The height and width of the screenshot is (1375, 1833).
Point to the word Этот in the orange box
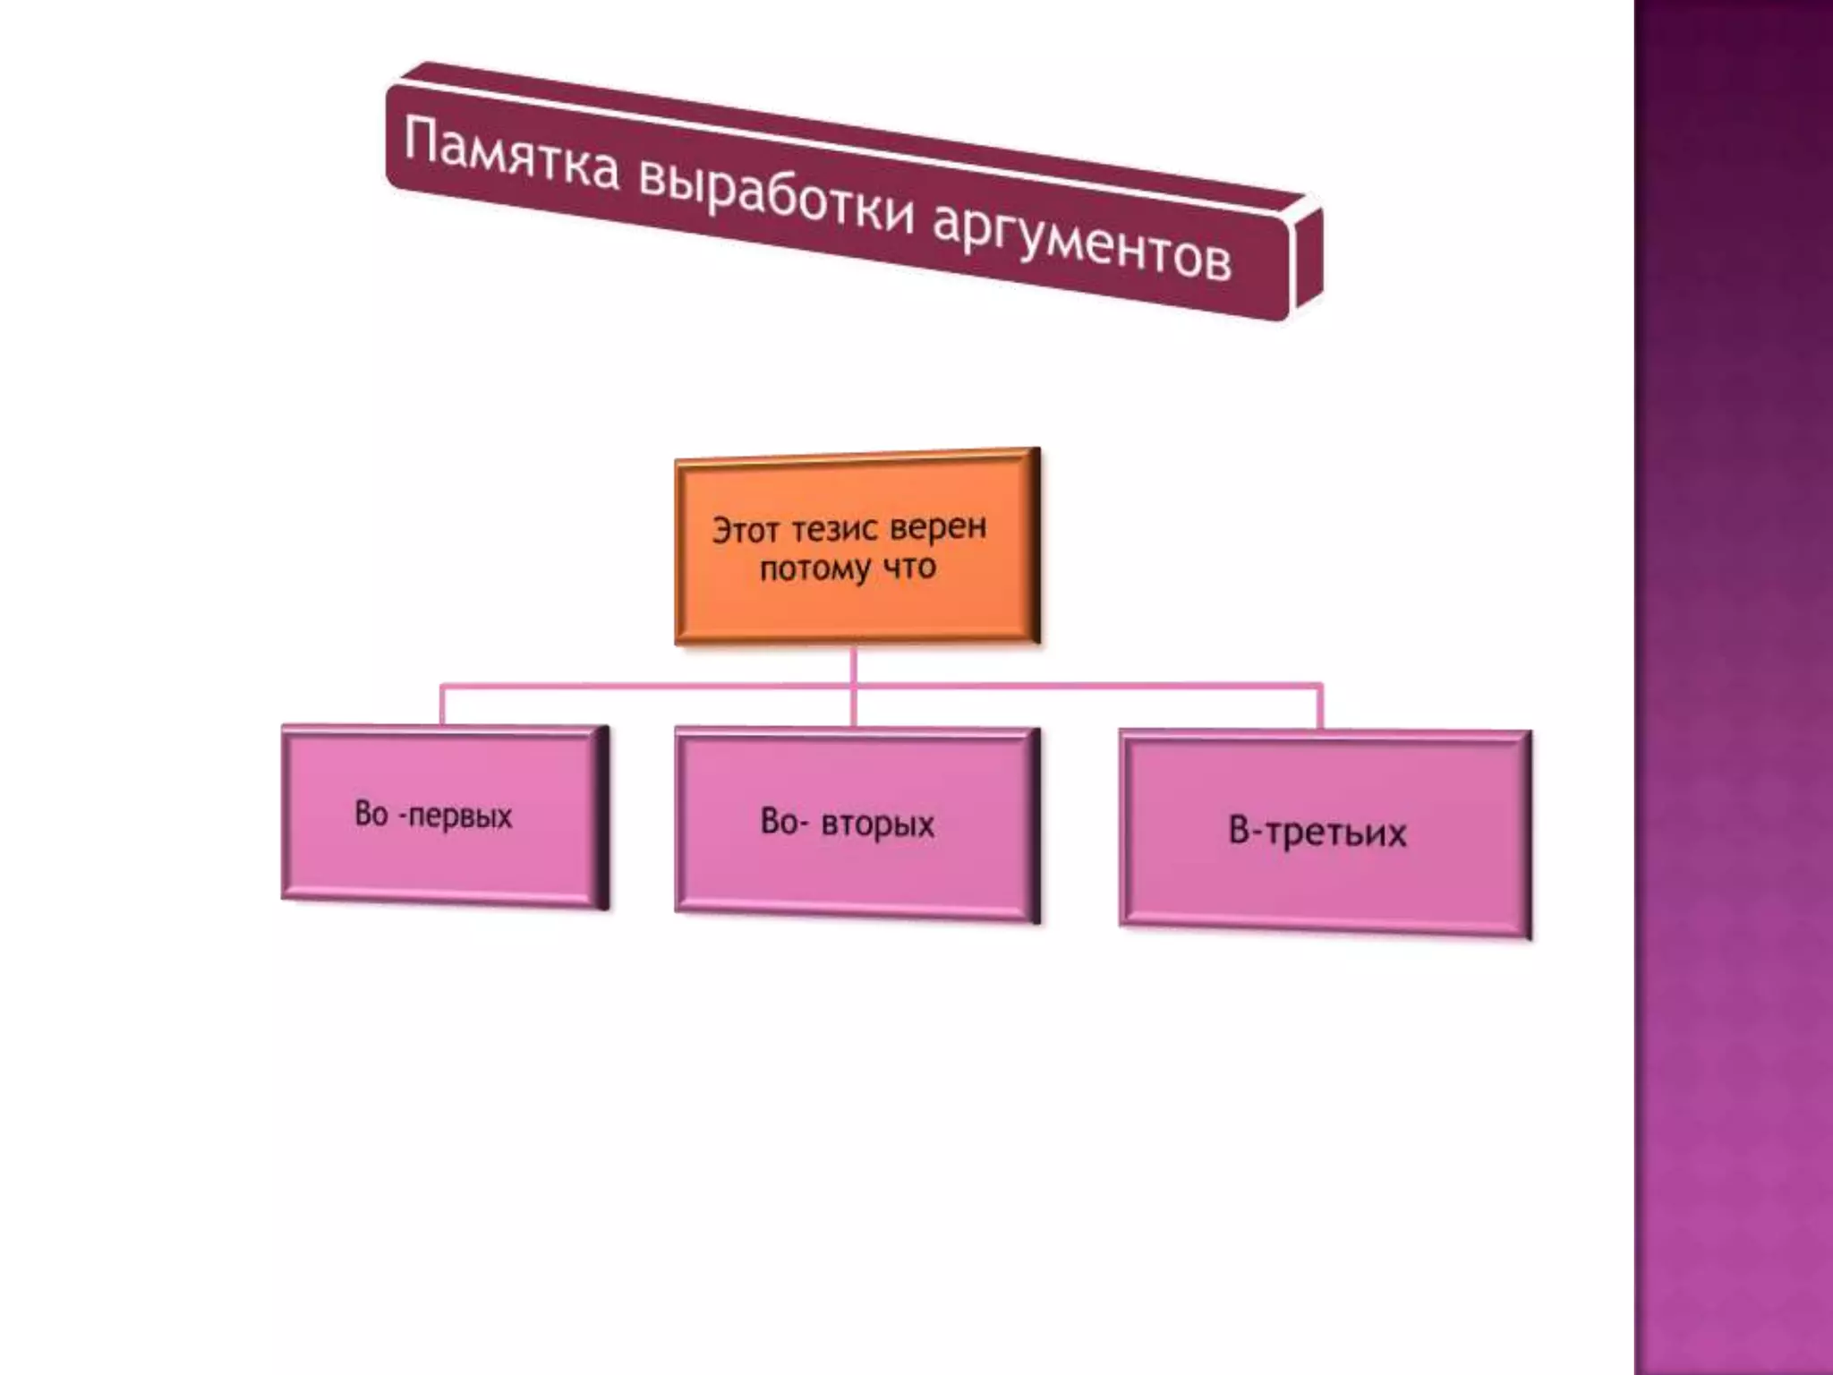[745, 531]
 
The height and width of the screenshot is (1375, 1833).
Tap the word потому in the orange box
[802, 569]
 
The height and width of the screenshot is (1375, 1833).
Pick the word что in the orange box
[909, 567]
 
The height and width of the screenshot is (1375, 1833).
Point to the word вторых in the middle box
[878, 824]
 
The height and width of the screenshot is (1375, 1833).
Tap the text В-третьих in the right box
[1317, 833]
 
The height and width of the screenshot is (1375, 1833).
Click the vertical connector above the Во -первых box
[441, 705]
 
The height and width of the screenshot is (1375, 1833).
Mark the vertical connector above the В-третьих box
[1321, 707]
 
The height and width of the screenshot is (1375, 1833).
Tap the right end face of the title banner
[1307, 260]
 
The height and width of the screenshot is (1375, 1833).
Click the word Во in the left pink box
[371, 814]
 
